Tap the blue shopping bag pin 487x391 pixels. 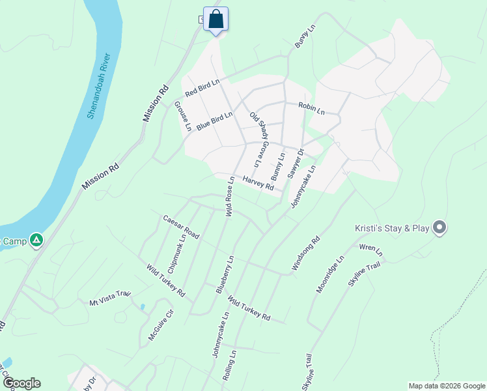coord(216,19)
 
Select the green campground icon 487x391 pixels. coord(37,240)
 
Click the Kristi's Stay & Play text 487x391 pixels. coord(391,228)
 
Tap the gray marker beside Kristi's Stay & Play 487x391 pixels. coord(439,227)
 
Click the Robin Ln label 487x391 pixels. coord(311,108)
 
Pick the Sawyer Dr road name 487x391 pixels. coord(296,163)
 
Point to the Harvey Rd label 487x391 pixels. coord(258,182)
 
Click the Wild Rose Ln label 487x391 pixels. coord(229,196)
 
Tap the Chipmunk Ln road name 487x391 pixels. coord(176,253)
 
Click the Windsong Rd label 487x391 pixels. coord(306,253)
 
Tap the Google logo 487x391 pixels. coord(21,383)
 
